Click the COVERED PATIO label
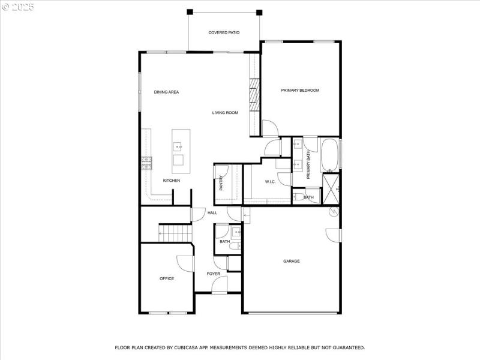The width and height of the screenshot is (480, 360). click(224, 32)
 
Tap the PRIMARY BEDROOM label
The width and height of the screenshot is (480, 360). click(300, 91)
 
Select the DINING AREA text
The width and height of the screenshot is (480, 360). click(166, 92)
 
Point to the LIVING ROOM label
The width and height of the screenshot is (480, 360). click(225, 113)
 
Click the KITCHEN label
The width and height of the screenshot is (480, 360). click(172, 181)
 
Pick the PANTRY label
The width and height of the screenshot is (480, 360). click(221, 182)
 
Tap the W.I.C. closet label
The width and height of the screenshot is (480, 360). click(270, 182)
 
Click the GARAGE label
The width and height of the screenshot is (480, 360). click(292, 261)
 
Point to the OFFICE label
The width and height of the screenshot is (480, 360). click(167, 278)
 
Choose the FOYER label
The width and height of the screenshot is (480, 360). click(214, 274)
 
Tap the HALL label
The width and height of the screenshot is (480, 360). click(212, 213)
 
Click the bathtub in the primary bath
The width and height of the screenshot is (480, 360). click(329, 154)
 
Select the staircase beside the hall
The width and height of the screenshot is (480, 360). click(175, 232)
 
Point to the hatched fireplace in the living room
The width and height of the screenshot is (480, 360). click(254, 95)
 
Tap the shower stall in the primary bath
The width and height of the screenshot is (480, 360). click(331, 188)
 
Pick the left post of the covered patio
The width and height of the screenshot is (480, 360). click(190, 11)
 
